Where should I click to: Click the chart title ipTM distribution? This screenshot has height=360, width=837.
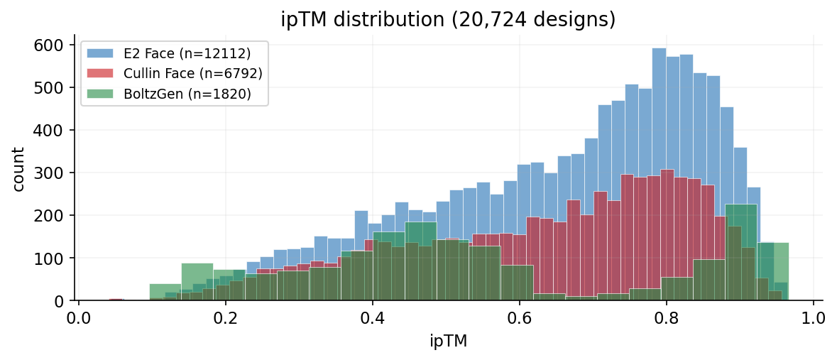click(x=448, y=19)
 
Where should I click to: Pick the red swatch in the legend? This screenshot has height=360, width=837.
click(x=100, y=73)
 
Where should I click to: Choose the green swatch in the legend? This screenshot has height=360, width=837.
click(x=100, y=94)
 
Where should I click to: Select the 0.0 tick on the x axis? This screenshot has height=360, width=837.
click(x=79, y=315)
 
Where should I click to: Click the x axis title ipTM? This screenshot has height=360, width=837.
click(x=448, y=341)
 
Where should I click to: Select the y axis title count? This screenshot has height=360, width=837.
click(x=18, y=169)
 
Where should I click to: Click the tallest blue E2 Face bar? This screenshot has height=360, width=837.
click(x=659, y=178)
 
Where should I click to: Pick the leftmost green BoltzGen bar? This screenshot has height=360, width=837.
click(x=165, y=293)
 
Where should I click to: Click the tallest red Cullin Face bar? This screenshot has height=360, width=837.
click(x=667, y=234)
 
